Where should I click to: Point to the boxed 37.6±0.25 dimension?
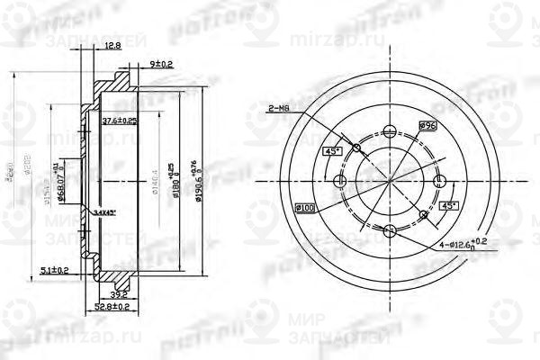(119, 121)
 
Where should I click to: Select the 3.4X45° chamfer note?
(108, 212)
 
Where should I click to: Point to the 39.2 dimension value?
(116, 293)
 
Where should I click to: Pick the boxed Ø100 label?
(304, 210)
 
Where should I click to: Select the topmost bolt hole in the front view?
(389, 129)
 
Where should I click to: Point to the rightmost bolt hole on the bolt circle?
(440, 181)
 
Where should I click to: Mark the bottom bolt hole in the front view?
(390, 231)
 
